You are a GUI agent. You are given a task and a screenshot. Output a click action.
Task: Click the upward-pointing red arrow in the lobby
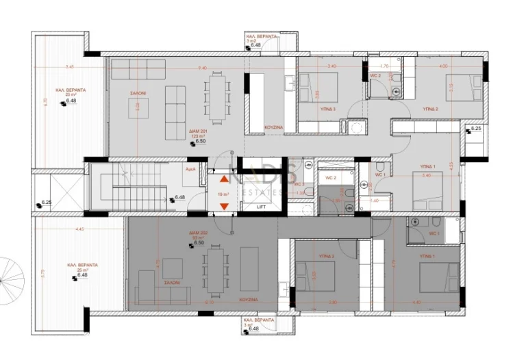point(224,181)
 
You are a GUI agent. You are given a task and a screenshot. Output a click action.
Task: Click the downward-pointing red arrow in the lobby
point(224,206)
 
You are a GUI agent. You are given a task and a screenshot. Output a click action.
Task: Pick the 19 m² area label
point(223,194)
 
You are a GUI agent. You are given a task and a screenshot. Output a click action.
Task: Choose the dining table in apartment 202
point(216,270)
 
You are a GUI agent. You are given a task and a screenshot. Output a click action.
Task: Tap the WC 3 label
point(299,184)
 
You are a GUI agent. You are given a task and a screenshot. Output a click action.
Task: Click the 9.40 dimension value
point(202,68)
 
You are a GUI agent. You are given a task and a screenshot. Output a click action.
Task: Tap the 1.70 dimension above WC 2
point(385,67)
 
